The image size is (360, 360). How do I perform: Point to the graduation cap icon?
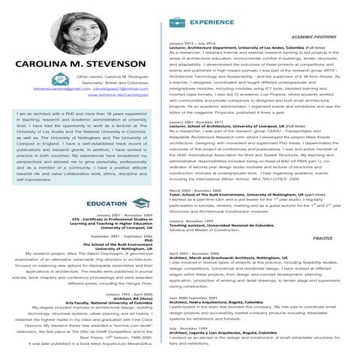(129, 203)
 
